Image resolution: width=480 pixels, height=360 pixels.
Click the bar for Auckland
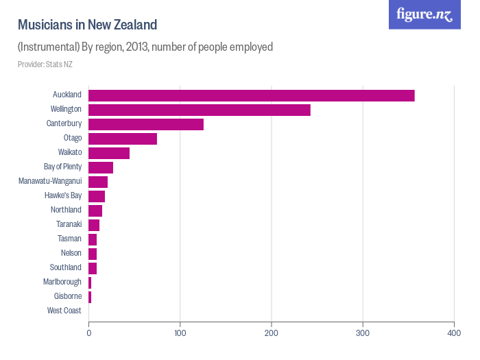pyautogui.click(x=251, y=95)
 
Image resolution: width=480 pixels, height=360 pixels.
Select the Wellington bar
pyautogui.click(x=199, y=110)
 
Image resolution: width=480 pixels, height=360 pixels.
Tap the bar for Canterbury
pyautogui.click(x=145, y=124)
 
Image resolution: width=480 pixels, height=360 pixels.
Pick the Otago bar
pyautogui.click(x=122, y=139)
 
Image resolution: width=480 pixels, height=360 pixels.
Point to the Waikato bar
pyautogui.click(x=108, y=153)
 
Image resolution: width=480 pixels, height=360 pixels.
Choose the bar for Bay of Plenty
pyautogui.click(x=100, y=167)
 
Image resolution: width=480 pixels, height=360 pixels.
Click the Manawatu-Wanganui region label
pyautogui.click(x=50, y=182)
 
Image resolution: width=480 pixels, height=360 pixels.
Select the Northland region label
pyautogui.click(x=66, y=210)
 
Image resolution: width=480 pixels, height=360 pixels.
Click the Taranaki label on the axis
pyautogui.click(x=69, y=224)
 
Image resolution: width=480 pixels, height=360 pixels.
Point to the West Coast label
pyautogui.click(x=64, y=311)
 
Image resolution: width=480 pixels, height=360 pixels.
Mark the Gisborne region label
pyautogui.click(x=68, y=296)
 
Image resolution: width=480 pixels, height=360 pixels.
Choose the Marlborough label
pyautogui.click(x=62, y=282)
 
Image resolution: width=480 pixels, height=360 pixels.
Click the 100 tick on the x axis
pyautogui.click(x=180, y=333)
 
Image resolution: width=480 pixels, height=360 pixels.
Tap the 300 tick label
pyautogui.click(x=363, y=333)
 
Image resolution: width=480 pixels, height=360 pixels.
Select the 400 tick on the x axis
pyautogui.click(x=454, y=333)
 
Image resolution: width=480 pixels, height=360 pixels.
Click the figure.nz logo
pyautogui.click(x=424, y=14)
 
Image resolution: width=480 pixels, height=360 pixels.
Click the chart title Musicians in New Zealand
pyautogui.click(x=87, y=25)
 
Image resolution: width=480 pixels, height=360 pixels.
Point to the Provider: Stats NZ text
pyautogui.click(x=45, y=64)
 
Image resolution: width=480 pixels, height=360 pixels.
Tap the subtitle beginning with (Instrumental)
pyautogui.click(x=145, y=47)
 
